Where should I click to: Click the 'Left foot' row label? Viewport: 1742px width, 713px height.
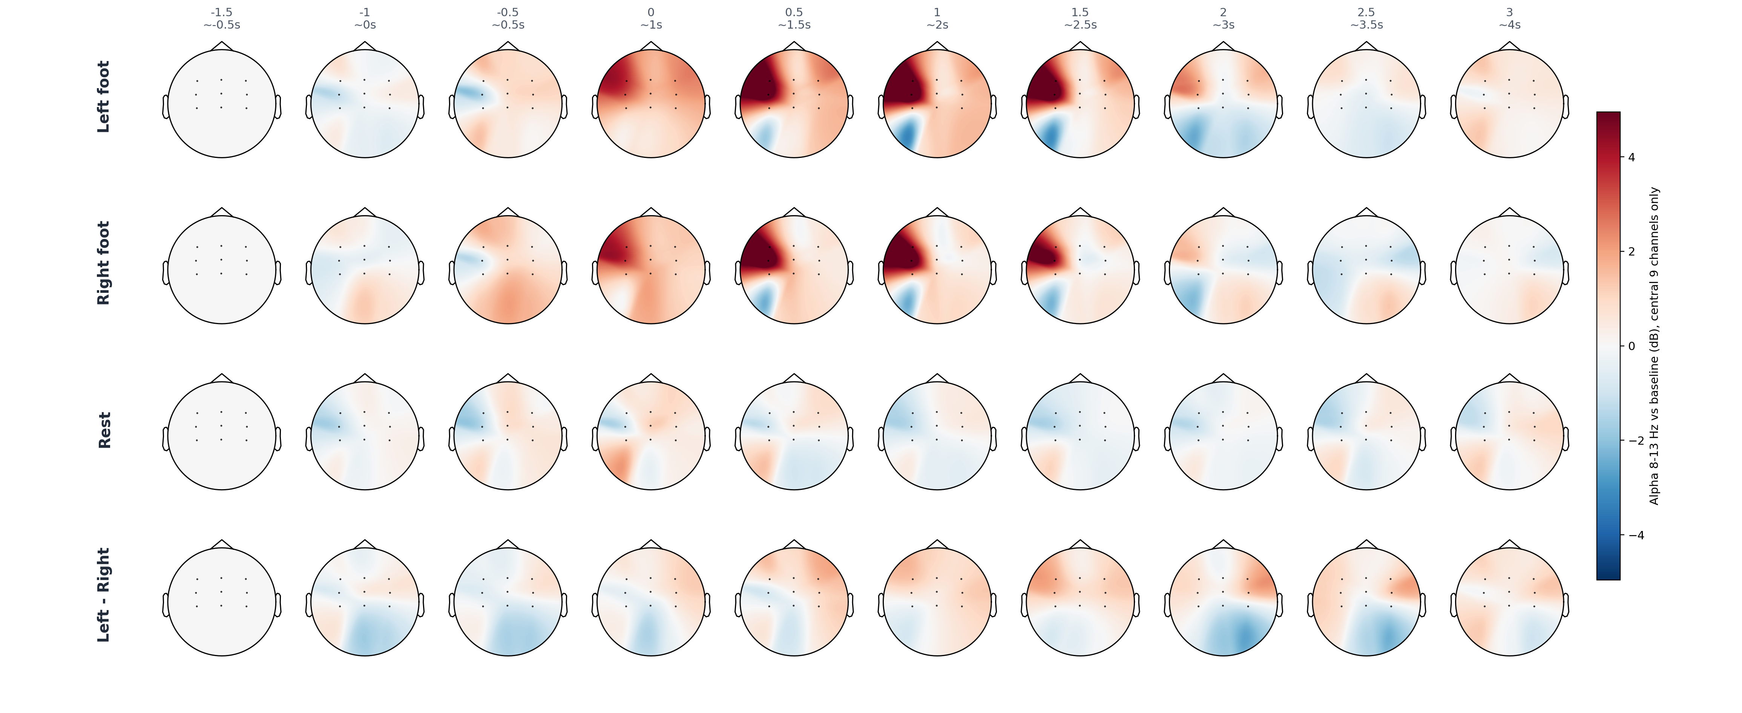(x=103, y=96)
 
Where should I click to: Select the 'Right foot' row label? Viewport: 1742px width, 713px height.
(x=103, y=263)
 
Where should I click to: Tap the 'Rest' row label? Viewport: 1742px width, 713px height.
(x=104, y=430)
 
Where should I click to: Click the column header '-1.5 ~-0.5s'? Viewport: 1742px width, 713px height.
(x=222, y=18)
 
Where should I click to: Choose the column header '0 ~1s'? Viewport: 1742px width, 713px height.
(x=651, y=18)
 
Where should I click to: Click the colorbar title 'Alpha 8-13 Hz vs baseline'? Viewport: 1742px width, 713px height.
(x=1654, y=346)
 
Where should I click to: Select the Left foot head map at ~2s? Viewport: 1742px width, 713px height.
(x=937, y=103)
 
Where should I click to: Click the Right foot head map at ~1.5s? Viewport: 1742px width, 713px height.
(x=794, y=270)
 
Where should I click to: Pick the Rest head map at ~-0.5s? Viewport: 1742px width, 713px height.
(x=222, y=436)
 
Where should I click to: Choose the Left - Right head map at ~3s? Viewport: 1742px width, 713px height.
(x=1223, y=601)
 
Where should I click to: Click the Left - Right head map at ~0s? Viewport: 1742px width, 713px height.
(x=365, y=601)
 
